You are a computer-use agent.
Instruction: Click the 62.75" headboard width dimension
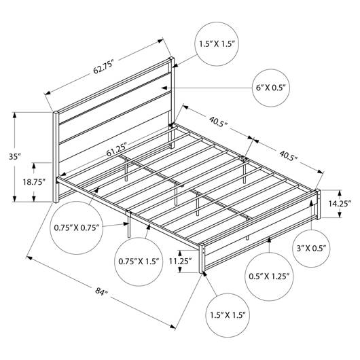[103, 67]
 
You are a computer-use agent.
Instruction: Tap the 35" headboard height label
[15, 157]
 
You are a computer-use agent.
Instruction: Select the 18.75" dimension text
[33, 182]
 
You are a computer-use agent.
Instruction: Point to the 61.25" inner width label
[117, 149]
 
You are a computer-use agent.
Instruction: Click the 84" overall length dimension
[101, 291]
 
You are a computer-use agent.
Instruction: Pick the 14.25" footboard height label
[340, 203]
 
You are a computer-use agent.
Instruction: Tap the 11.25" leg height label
[180, 261]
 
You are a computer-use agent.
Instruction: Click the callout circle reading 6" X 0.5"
[271, 88]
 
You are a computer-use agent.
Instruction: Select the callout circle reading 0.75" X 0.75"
[77, 228]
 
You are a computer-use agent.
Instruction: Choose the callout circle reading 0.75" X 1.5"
[139, 262]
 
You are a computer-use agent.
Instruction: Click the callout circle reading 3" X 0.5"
[311, 249]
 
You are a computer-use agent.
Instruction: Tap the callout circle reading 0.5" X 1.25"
[269, 276]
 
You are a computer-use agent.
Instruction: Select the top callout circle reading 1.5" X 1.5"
[217, 44]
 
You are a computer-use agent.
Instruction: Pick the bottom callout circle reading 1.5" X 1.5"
[228, 315]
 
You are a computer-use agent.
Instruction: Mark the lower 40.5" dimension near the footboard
[288, 156]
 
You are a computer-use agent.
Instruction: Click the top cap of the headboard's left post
[56, 112]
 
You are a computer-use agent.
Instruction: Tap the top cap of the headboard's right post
[171, 58]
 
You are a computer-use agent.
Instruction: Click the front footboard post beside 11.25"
[202, 258]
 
